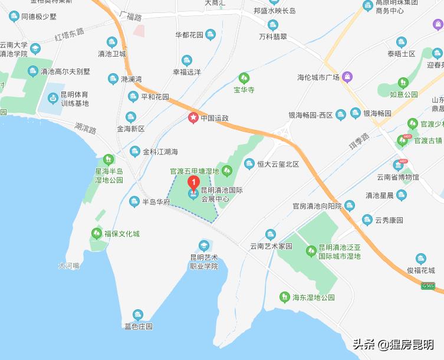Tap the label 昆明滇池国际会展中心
[x=222, y=195]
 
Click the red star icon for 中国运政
[x=193, y=118]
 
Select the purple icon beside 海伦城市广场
[x=348, y=77]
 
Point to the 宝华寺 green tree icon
[x=244, y=78]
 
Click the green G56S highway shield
[x=427, y=286]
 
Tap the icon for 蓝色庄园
[x=138, y=315]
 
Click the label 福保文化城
[x=122, y=234]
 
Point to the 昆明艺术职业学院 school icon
[x=204, y=246]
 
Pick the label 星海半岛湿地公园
[x=109, y=175]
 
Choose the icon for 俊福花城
[x=420, y=258]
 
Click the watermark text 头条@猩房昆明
[x=393, y=345]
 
